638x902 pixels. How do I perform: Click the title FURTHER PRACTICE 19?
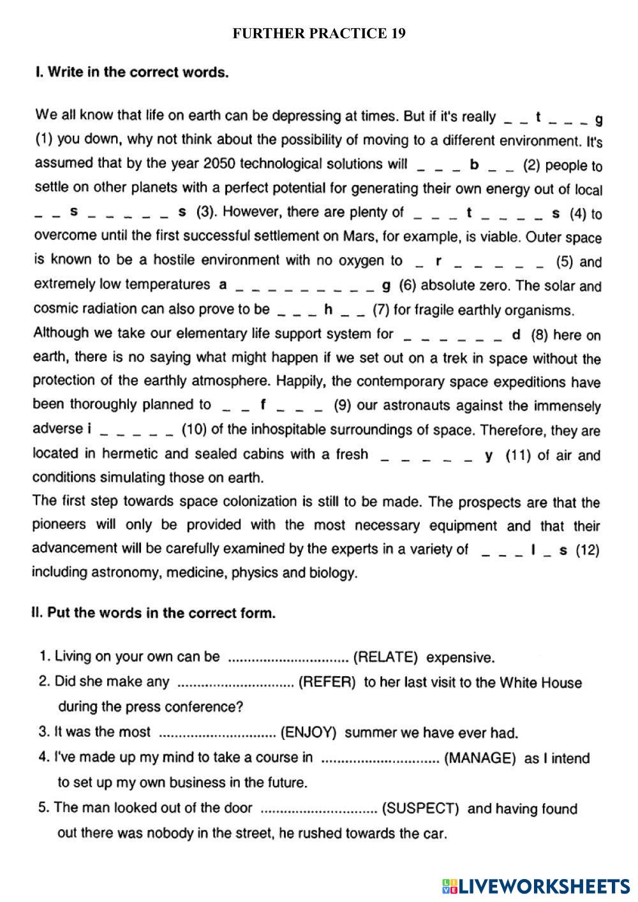coord(319,33)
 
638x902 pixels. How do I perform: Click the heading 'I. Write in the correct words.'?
coord(132,72)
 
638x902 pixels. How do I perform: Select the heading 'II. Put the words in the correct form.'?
coord(154,613)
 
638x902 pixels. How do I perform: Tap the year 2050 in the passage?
coord(219,164)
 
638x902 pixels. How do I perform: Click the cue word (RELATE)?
coord(385,657)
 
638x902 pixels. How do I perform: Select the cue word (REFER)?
coord(327,682)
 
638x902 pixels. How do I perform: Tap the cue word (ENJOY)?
coord(308,732)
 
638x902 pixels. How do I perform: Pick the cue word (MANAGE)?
coord(480,758)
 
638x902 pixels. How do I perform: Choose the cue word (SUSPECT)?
coord(420,808)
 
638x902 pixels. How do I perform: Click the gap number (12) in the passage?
coord(588,550)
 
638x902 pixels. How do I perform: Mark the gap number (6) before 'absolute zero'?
coord(406,285)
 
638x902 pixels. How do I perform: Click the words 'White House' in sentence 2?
coord(540,683)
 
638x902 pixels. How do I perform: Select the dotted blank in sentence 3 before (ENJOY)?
coord(216,733)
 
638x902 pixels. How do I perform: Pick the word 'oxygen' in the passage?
coord(368,260)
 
